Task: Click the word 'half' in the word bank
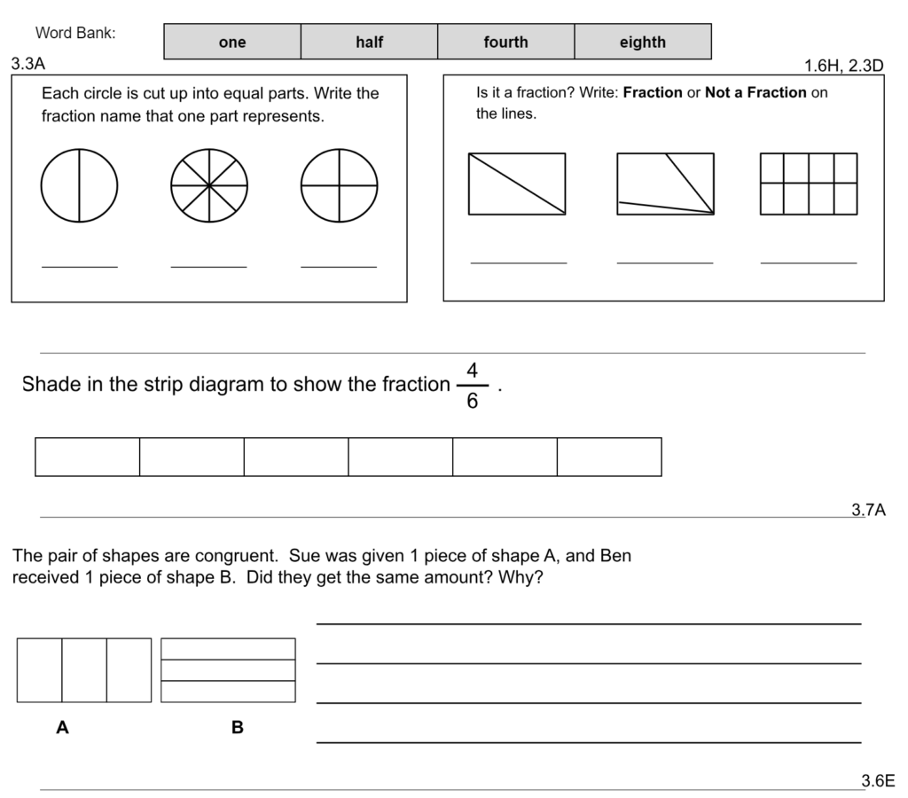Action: [x=369, y=42]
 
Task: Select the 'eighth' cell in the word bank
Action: [x=642, y=42]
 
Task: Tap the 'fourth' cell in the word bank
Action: [x=505, y=42]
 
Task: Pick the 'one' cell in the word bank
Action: [x=231, y=42]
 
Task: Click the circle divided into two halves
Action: [x=79, y=185]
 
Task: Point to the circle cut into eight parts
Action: [x=209, y=185]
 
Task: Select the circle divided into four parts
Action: [x=339, y=185]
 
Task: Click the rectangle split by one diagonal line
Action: [x=517, y=184]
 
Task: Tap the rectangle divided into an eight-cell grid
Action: [x=809, y=184]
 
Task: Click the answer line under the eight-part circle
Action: [x=209, y=265]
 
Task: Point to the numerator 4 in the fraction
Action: [x=473, y=371]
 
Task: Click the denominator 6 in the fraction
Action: [x=473, y=402]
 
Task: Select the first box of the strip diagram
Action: [x=88, y=457]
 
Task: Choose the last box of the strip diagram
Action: [x=609, y=457]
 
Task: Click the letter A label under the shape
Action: [x=62, y=728]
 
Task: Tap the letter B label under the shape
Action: [x=237, y=728]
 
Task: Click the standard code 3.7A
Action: [x=868, y=510]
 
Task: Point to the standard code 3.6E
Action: [x=878, y=781]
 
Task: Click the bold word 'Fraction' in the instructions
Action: [x=653, y=92]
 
